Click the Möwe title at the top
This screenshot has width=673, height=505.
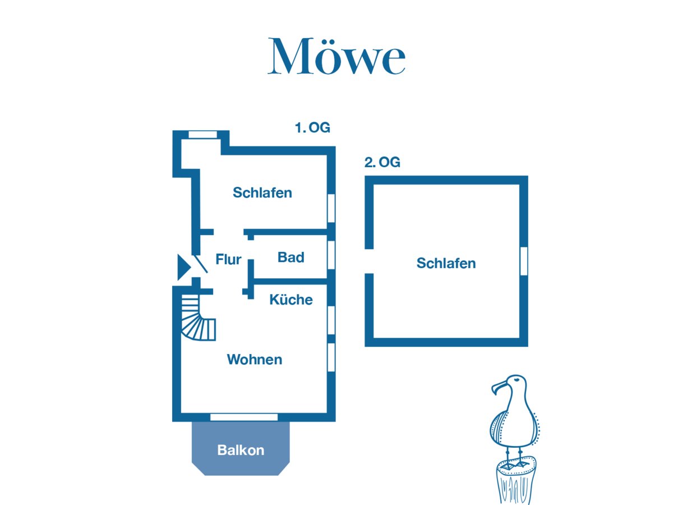pyautogui.click(x=336, y=57)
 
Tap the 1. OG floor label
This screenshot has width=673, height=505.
pyautogui.click(x=312, y=128)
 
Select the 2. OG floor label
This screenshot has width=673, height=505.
pyautogui.click(x=382, y=163)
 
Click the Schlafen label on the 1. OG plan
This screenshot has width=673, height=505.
pyautogui.click(x=262, y=193)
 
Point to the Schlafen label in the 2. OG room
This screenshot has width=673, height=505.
pyautogui.click(x=446, y=263)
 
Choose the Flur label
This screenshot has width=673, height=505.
pyautogui.click(x=228, y=259)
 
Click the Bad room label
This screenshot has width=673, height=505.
pyautogui.click(x=291, y=258)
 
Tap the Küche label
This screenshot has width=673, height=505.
pyautogui.click(x=291, y=300)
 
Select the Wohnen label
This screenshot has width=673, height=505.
pyautogui.click(x=254, y=360)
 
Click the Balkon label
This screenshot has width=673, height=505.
pyautogui.click(x=241, y=450)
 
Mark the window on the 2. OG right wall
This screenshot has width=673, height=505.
pyautogui.click(x=524, y=261)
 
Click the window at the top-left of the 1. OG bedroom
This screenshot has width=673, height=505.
pyautogui.click(x=202, y=135)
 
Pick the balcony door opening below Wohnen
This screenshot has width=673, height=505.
pyautogui.click(x=244, y=417)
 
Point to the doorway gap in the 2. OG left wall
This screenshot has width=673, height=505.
pyautogui.click(x=369, y=261)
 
